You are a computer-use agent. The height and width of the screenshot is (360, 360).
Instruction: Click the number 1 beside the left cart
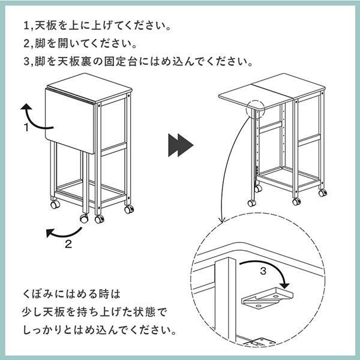tap(26, 127)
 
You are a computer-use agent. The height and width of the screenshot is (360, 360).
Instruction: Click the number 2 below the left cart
tap(68, 243)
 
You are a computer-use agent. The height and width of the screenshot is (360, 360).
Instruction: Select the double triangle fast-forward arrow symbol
tap(181, 145)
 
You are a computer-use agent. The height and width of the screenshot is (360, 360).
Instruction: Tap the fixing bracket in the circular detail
tap(265, 299)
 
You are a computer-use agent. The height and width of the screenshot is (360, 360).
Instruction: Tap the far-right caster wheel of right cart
tap(322, 193)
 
